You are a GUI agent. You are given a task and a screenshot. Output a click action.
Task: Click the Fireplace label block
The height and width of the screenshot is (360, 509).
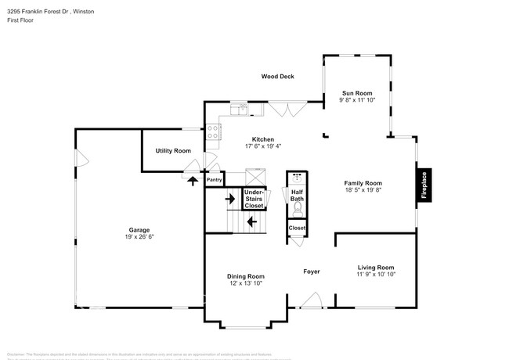coord(424,185)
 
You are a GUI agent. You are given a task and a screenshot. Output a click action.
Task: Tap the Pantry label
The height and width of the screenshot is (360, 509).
coord(215,179)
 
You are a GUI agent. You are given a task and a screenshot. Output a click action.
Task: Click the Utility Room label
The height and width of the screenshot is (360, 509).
coord(173,150)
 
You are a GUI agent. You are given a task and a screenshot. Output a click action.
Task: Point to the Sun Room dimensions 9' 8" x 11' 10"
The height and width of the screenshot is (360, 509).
coord(358,100)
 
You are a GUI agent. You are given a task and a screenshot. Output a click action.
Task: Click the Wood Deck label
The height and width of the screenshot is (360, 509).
coord(276,77)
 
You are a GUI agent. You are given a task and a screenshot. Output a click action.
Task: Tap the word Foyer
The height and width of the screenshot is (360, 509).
coord(312,272)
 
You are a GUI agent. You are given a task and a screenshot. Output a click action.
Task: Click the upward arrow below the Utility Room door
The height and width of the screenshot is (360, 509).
coord(192,180)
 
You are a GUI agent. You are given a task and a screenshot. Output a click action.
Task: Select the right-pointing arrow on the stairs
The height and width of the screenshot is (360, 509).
coord(231,198)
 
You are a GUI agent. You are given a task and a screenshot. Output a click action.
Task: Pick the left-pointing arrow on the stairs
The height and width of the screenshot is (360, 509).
coord(251,222)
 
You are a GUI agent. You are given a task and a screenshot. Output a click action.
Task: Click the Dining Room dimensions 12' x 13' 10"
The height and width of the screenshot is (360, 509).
coord(245,283)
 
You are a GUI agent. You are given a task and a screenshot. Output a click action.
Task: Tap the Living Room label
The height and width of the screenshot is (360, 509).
coord(375,267)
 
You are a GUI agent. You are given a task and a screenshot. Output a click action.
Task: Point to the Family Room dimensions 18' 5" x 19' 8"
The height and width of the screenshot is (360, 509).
coord(363,190)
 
